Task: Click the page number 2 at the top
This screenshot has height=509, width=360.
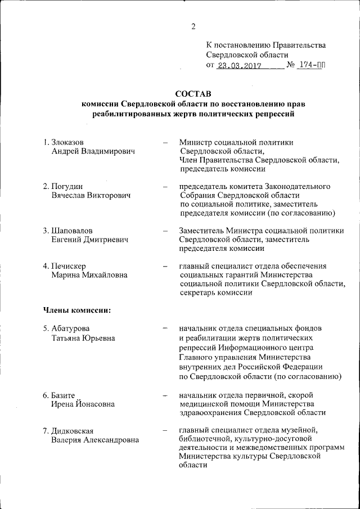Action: [192, 26]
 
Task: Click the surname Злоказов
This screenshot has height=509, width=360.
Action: [71, 142]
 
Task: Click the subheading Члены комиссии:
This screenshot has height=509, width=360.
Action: [76, 309]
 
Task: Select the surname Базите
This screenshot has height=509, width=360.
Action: [62, 395]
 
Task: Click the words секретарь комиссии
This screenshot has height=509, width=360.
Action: [215, 293]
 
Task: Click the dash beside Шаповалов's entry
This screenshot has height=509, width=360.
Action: [165, 231]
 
